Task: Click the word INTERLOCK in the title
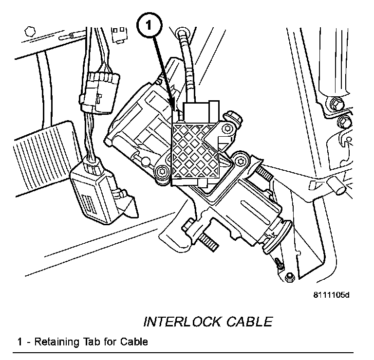pos(181,322)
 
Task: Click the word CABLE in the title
pos(248,322)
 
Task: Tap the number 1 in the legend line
pos(20,342)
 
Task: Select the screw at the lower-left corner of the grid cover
pos(162,171)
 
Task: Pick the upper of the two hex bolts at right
pos(335,104)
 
